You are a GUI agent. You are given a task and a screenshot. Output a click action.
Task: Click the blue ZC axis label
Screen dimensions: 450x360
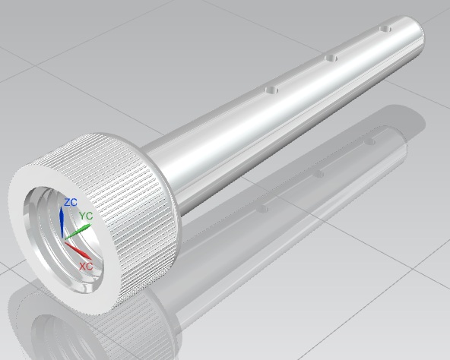coord(71,202)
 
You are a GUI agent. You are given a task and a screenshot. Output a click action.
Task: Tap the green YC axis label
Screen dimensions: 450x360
coord(86,216)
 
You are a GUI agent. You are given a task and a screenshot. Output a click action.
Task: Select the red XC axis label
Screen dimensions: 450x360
coord(86,267)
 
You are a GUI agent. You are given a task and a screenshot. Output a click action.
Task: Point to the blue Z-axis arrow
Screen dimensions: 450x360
coord(62,222)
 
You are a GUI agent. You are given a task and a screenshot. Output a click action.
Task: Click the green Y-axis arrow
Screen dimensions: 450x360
coord(78,231)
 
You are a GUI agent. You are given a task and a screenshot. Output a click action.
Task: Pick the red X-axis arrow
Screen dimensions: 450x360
coord(78,251)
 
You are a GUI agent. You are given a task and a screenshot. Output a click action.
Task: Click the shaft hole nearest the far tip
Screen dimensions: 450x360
coord(385,29)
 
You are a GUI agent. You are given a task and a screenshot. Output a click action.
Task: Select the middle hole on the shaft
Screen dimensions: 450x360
coord(331,58)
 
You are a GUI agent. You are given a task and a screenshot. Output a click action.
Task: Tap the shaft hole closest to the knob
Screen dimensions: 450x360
coord(271,90)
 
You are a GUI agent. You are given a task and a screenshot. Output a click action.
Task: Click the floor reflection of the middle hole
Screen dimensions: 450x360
coord(318,174)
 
